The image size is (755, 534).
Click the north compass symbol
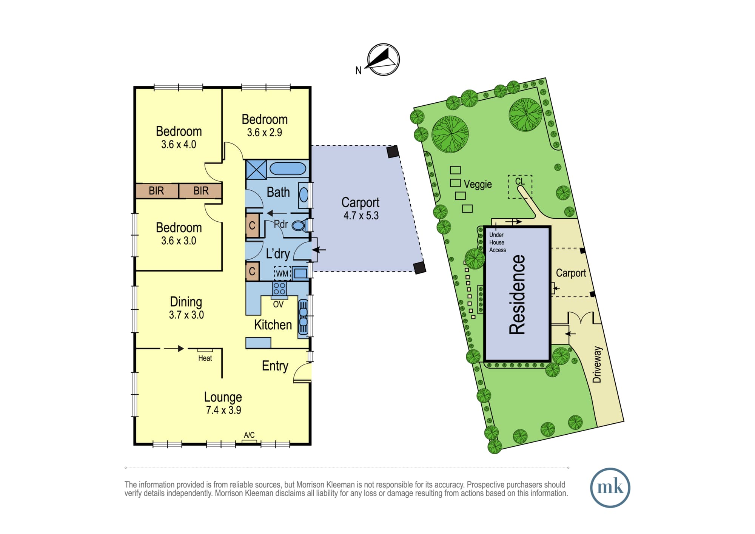(x=383, y=60)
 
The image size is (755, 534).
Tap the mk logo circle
(x=610, y=488)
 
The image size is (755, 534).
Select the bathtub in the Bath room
(x=288, y=169)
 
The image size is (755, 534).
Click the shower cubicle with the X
(x=256, y=170)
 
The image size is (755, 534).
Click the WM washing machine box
(x=282, y=273)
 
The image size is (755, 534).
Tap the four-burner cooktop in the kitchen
(x=279, y=289)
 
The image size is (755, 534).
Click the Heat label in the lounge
(x=205, y=358)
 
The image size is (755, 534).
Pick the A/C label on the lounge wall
(x=249, y=435)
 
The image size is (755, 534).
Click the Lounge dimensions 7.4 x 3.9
(x=223, y=410)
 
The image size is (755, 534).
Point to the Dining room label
(x=186, y=302)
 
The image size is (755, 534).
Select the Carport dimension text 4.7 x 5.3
(x=361, y=216)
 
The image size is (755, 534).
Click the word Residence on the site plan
(x=517, y=295)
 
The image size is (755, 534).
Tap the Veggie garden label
(x=478, y=184)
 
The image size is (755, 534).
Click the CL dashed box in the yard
(x=520, y=187)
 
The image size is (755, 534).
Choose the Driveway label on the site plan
(x=597, y=364)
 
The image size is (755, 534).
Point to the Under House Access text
(x=498, y=242)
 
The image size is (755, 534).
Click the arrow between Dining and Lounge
(x=174, y=348)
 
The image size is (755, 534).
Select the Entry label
(x=275, y=366)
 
